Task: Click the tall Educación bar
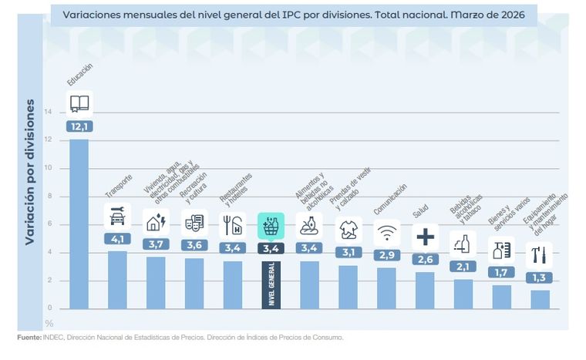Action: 79,224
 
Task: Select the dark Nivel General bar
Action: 271,285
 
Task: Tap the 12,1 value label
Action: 79,126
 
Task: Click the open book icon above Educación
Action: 79,103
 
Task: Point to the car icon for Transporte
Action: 117,217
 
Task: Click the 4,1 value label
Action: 117,239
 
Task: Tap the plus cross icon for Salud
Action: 425,237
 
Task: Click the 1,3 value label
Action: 541,278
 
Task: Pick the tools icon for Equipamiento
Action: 541,254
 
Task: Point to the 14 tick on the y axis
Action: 49,112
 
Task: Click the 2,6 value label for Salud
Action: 425,260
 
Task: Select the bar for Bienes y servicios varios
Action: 502,297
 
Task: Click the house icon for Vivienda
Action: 156,222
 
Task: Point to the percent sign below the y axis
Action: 49,323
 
